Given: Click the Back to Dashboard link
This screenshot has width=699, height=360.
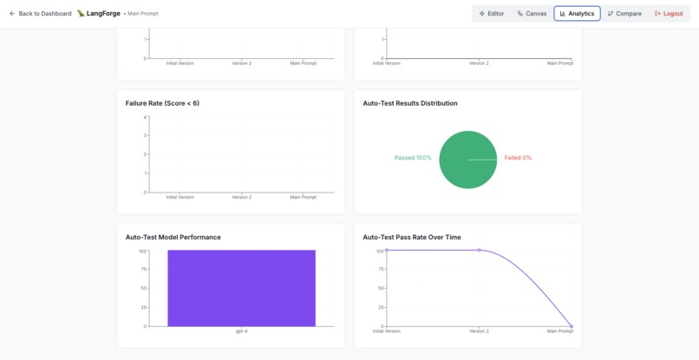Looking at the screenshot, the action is click(40, 14).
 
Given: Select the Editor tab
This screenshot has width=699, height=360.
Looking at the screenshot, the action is click(491, 14).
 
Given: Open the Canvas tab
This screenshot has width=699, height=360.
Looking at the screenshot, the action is click(532, 14).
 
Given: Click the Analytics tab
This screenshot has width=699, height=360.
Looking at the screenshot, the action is click(577, 14).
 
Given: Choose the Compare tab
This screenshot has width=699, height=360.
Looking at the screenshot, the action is click(624, 14).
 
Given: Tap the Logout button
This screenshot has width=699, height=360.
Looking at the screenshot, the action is click(669, 14).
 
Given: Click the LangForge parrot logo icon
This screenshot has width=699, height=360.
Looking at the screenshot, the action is click(81, 13).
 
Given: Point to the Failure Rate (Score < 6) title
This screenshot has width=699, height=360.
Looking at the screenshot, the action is click(162, 103).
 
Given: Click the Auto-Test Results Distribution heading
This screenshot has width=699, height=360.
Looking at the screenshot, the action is click(410, 103).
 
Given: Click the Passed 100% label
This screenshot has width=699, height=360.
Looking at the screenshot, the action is click(413, 158).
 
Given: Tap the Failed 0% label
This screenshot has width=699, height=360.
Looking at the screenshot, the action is click(518, 158).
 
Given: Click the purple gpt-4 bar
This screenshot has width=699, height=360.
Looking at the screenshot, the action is click(242, 288).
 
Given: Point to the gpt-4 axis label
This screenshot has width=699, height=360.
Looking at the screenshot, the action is click(242, 331).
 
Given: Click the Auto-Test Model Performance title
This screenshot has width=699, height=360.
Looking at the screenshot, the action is click(173, 238).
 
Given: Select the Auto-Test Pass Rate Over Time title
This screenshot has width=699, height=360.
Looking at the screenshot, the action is click(412, 238).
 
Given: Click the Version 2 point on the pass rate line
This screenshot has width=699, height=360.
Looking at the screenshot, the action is click(480, 250).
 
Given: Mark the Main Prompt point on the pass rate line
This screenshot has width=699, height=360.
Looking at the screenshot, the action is click(572, 326).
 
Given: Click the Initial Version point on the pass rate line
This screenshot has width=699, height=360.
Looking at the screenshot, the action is click(387, 250).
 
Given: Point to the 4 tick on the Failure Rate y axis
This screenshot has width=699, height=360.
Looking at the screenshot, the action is click(145, 117).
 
